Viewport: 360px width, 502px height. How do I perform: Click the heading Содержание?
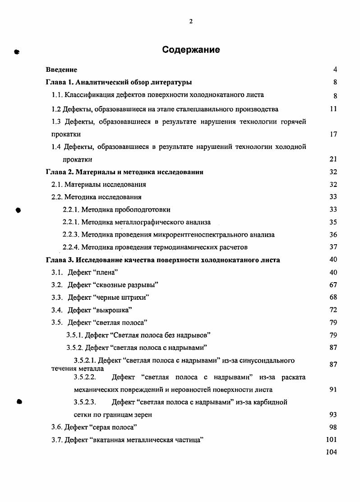pos(191,50)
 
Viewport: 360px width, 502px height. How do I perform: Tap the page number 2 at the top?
pos(191,21)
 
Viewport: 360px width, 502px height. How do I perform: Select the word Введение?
pos(62,70)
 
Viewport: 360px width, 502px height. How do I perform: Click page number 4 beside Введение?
pos(335,70)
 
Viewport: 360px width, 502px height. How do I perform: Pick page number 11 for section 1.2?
pos(333,109)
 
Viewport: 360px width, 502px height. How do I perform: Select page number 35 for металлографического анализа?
pos(333,222)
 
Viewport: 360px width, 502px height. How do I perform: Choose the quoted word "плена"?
pos(102,272)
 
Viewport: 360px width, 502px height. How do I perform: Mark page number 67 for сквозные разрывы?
pos(333,285)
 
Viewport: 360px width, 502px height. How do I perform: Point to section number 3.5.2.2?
pos(85,377)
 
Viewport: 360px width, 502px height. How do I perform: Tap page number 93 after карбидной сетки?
pos(333,414)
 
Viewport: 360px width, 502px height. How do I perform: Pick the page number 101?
pos(332,439)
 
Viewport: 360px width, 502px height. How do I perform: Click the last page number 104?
pos(332,452)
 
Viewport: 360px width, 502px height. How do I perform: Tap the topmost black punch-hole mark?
pos(17,51)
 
